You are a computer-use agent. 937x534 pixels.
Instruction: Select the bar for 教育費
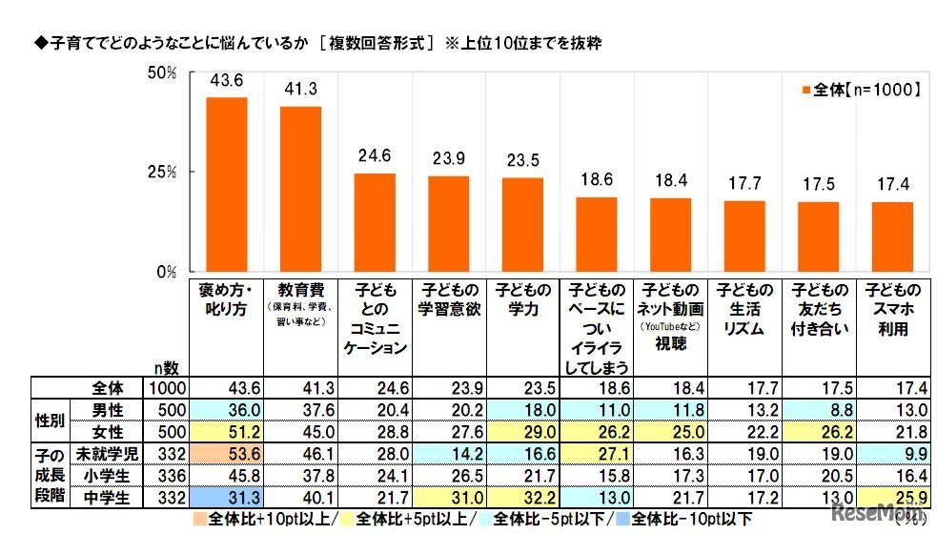[300, 189]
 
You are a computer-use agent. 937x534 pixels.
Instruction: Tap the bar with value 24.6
[375, 222]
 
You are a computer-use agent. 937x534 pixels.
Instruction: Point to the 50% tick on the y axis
[163, 72]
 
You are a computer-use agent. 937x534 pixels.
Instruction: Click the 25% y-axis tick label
[163, 173]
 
